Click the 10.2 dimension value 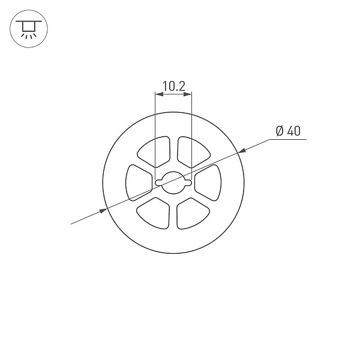[x=174, y=86]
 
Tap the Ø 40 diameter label [x=288, y=131]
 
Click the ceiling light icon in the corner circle [x=29, y=29]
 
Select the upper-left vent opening [x=154, y=152]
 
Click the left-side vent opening [x=139, y=183]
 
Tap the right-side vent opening [x=208, y=183]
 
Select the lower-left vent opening [x=153, y=213]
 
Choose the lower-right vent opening [x=193, y=213]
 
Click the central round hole [x=173, y=183]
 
